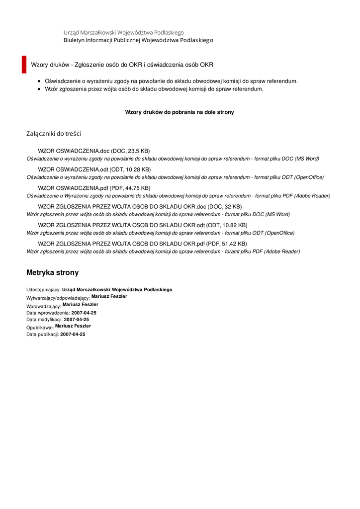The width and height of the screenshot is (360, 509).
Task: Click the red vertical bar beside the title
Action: [x=24, y=65]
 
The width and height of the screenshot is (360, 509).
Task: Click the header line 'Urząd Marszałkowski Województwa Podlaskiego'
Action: [x=123, y=32]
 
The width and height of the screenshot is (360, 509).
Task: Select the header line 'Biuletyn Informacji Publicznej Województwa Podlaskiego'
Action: [x=138, y=40]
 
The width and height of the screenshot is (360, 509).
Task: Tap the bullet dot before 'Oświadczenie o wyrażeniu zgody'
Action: [x=39, y=81]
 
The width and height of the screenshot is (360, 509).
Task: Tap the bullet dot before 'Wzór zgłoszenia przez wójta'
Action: [x=39, y=89]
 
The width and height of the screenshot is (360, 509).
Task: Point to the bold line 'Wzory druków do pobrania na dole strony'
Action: [x=180, y=112]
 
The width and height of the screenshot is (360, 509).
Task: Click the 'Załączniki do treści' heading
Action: [x=54, y=134]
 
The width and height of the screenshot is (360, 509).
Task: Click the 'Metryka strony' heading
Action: [x=52, y=273]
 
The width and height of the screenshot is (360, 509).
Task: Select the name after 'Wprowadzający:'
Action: [x=81, y=304]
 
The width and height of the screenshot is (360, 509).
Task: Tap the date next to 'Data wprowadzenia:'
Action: [x=84, y=313]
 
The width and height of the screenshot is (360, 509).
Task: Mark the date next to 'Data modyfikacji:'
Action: [x=77, y=320]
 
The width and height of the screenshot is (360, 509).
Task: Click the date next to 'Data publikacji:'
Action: [x=73, y=335]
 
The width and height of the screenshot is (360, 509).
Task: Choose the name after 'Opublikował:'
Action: [x=73, y=326]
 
